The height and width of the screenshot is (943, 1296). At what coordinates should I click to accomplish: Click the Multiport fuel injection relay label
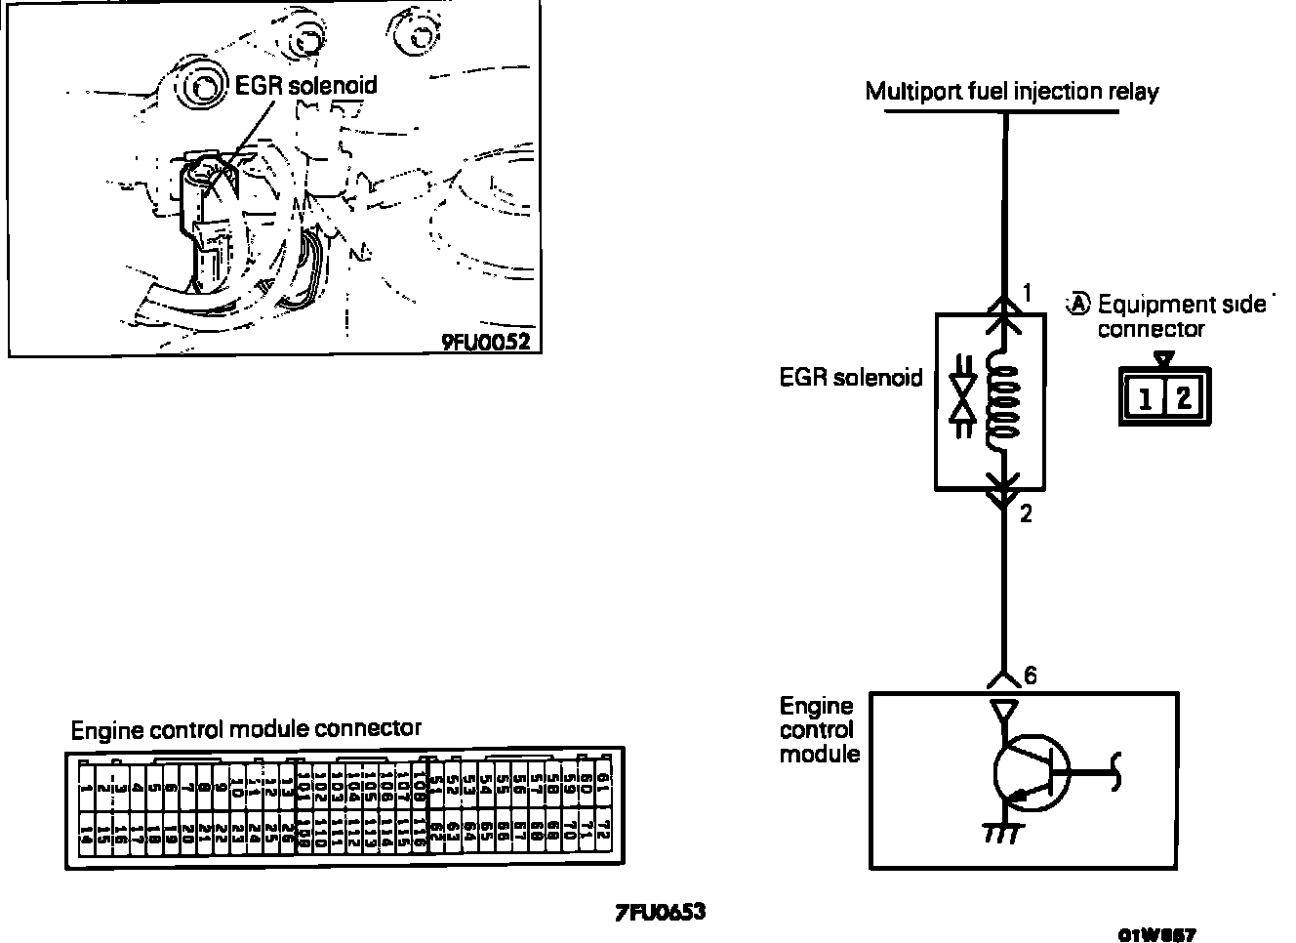[1012, 93]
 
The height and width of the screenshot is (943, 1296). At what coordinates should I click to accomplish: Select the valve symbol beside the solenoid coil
[964, 399]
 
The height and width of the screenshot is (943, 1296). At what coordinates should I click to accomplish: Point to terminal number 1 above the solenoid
[1027, 292]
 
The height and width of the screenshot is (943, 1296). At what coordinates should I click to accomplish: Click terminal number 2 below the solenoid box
[1026, 513]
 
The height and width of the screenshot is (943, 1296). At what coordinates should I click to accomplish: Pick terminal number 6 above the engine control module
[1031, 676]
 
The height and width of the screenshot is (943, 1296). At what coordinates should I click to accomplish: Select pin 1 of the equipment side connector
[1144, 397]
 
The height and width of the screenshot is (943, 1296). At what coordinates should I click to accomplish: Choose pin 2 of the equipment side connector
[1183, 397]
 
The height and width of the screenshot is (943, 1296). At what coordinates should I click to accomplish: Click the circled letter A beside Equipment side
[1077, 304]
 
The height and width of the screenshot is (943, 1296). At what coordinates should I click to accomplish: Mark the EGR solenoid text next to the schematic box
[850, 378]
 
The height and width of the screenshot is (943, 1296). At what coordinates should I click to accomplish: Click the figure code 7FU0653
[660, 913]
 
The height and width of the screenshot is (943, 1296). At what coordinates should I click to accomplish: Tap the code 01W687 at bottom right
[1157, 934]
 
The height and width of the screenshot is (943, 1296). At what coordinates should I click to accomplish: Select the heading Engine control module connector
[246, 729]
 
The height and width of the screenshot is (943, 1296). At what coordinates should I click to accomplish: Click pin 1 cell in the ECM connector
[87, 786]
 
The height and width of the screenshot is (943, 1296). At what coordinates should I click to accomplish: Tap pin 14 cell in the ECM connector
[87, 835]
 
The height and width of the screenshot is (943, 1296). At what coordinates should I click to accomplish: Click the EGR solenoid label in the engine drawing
[306, 85]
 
